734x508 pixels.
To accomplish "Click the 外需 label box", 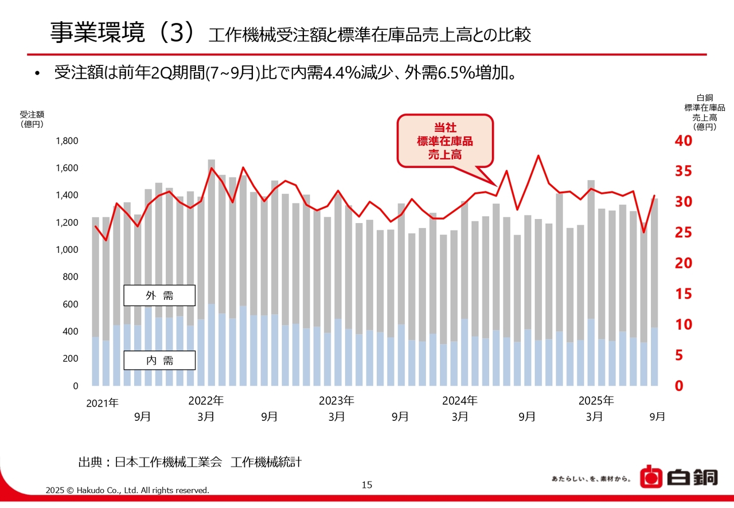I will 159,296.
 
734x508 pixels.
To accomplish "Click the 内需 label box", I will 159,361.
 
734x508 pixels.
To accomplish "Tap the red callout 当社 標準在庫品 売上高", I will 445,141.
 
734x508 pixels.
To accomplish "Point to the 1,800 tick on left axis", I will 67,141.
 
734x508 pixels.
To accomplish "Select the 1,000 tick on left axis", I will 67,250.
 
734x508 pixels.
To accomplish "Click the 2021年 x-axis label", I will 102,403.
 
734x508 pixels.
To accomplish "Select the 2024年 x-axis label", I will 459,401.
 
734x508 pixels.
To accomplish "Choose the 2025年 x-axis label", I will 596,401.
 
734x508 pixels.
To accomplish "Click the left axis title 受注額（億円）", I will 32,119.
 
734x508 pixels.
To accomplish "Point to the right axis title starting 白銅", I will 704,112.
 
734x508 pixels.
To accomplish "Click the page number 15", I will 367,485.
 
